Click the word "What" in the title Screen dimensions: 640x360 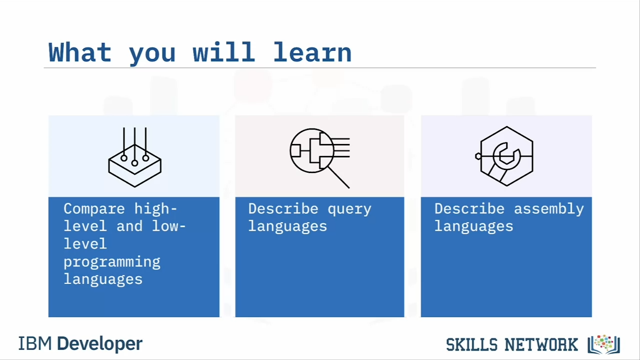pos(80,52)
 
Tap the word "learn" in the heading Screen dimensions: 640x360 pos(312,52)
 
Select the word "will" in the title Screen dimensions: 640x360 pos(223,52)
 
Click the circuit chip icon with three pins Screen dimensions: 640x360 pos(134,157)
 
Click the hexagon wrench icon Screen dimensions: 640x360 pos(505,156)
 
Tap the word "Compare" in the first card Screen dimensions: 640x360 pos(94,209)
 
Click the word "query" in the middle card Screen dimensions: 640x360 pos(349,209)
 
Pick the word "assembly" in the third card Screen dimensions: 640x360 pos(549,209)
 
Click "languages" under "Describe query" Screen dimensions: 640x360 pos(287,227)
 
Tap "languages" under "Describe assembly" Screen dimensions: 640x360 pos(473,227)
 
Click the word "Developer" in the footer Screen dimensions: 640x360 pos(99,343)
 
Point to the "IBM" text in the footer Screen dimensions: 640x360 pos(35,343)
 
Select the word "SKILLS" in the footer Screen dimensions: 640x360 pos(471,344)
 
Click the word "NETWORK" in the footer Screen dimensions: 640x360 pos(541,344)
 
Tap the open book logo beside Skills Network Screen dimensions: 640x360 pos(603,344)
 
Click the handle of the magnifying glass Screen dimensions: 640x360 pos(338,177)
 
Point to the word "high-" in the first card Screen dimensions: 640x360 pos(155,209)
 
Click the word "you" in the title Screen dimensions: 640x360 pos(152,54)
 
